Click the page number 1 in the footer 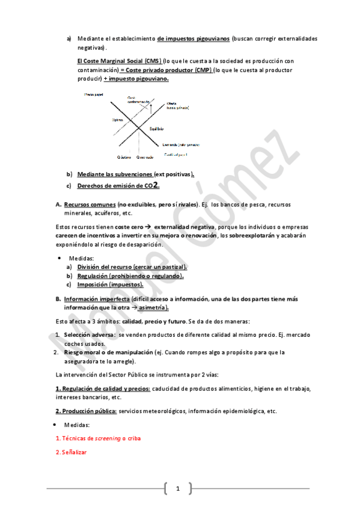click(x=178, y=488)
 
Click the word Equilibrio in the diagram click(x=158, y=129)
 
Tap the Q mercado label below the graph click(x=145, y=157)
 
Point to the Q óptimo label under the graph click(x=124, y=157)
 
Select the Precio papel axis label click(x=94, y=94)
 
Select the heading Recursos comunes click(x=90, y=204)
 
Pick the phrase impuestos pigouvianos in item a click(x=193, y=38)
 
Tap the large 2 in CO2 click(x=156, y=185)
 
